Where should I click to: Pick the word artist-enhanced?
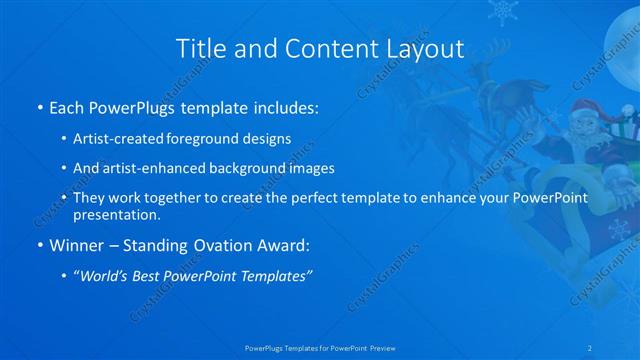[160, 168]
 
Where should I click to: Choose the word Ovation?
[211, 245]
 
